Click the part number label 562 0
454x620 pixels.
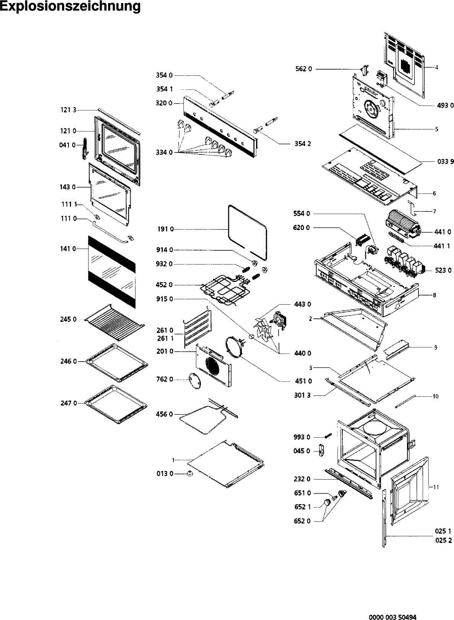(304, 69)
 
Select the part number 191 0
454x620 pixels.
(165, 229)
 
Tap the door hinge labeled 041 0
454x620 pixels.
(85, 150)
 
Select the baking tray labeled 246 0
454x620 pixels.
(116, 361)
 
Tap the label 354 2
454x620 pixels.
(303, 144)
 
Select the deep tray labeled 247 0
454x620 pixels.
(116, 403)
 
